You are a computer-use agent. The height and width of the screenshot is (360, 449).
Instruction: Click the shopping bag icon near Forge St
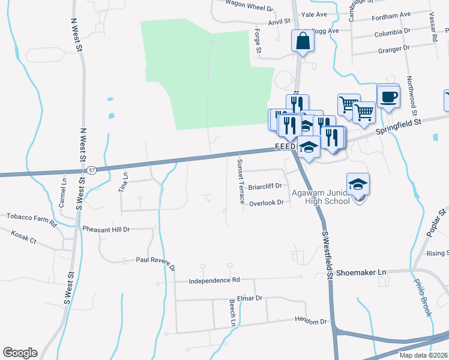pos(303,41)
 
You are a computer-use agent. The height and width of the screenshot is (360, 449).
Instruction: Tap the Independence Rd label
pos(214,280)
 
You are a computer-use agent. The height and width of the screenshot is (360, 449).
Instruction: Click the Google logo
pos(20,353)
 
